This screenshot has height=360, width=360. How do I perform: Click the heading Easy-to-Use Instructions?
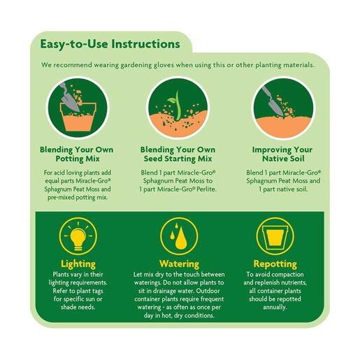coord(110,44)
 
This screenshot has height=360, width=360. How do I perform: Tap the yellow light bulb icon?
coord(78,237)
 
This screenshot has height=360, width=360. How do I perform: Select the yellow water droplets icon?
coord(178,236)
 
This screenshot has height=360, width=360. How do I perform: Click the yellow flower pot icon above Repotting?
coord(275,236)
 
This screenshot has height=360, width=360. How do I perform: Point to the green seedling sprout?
coord(175,106)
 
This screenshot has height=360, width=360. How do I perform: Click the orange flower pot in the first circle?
coord(78,117)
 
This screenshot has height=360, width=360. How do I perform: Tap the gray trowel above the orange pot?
coord(69,97)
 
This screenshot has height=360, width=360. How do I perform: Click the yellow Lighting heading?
coord(78,264)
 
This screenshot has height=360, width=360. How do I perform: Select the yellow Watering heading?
coord(179,264)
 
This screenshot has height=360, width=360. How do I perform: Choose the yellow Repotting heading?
coord(275,264)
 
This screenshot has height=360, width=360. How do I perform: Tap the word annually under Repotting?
coord(275,308)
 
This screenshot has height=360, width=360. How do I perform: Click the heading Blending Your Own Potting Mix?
coord(77,154)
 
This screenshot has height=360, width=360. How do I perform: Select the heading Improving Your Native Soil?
coord(282,154)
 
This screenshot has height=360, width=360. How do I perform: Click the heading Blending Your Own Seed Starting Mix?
coord(178,154)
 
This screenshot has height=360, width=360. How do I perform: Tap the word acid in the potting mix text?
coord(59,173)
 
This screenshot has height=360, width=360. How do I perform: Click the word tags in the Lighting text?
coord(96,291)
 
